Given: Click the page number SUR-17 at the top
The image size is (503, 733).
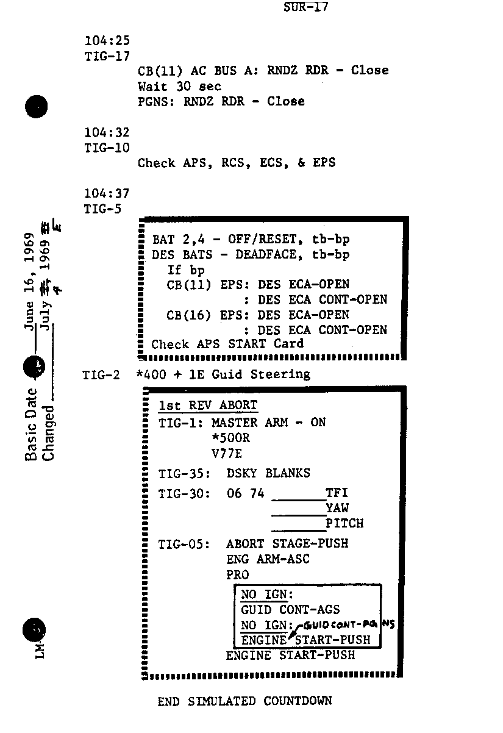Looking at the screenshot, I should pyautogui.click(x=305, y=8).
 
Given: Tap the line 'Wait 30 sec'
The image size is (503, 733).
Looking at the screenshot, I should pyautogui.click(x=179, y=87).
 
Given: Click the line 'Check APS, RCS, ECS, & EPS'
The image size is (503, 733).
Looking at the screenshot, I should pyautogui.click(x=236, y=163).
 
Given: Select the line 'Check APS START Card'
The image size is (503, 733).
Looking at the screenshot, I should pyautogui.click(x=227, y=344).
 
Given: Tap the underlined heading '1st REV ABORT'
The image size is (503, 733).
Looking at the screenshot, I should pyautogui.click(x=207, y=406).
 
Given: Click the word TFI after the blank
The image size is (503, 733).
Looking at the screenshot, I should pyautogui.click(x=337, y=493).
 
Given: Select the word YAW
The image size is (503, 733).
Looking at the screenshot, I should pyautogui.click(x=337, y=508).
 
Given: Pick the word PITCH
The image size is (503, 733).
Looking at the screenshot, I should pyautogui.click(x=344, y=523).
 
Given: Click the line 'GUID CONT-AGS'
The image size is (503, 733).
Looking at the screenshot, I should pyautogui.click(x=290, y=609).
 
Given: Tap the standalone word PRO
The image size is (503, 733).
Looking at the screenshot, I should pyautogui.click(x=237, y=574).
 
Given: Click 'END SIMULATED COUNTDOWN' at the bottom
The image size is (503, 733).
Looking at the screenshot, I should pyautogui.click(x=244, y=701).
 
